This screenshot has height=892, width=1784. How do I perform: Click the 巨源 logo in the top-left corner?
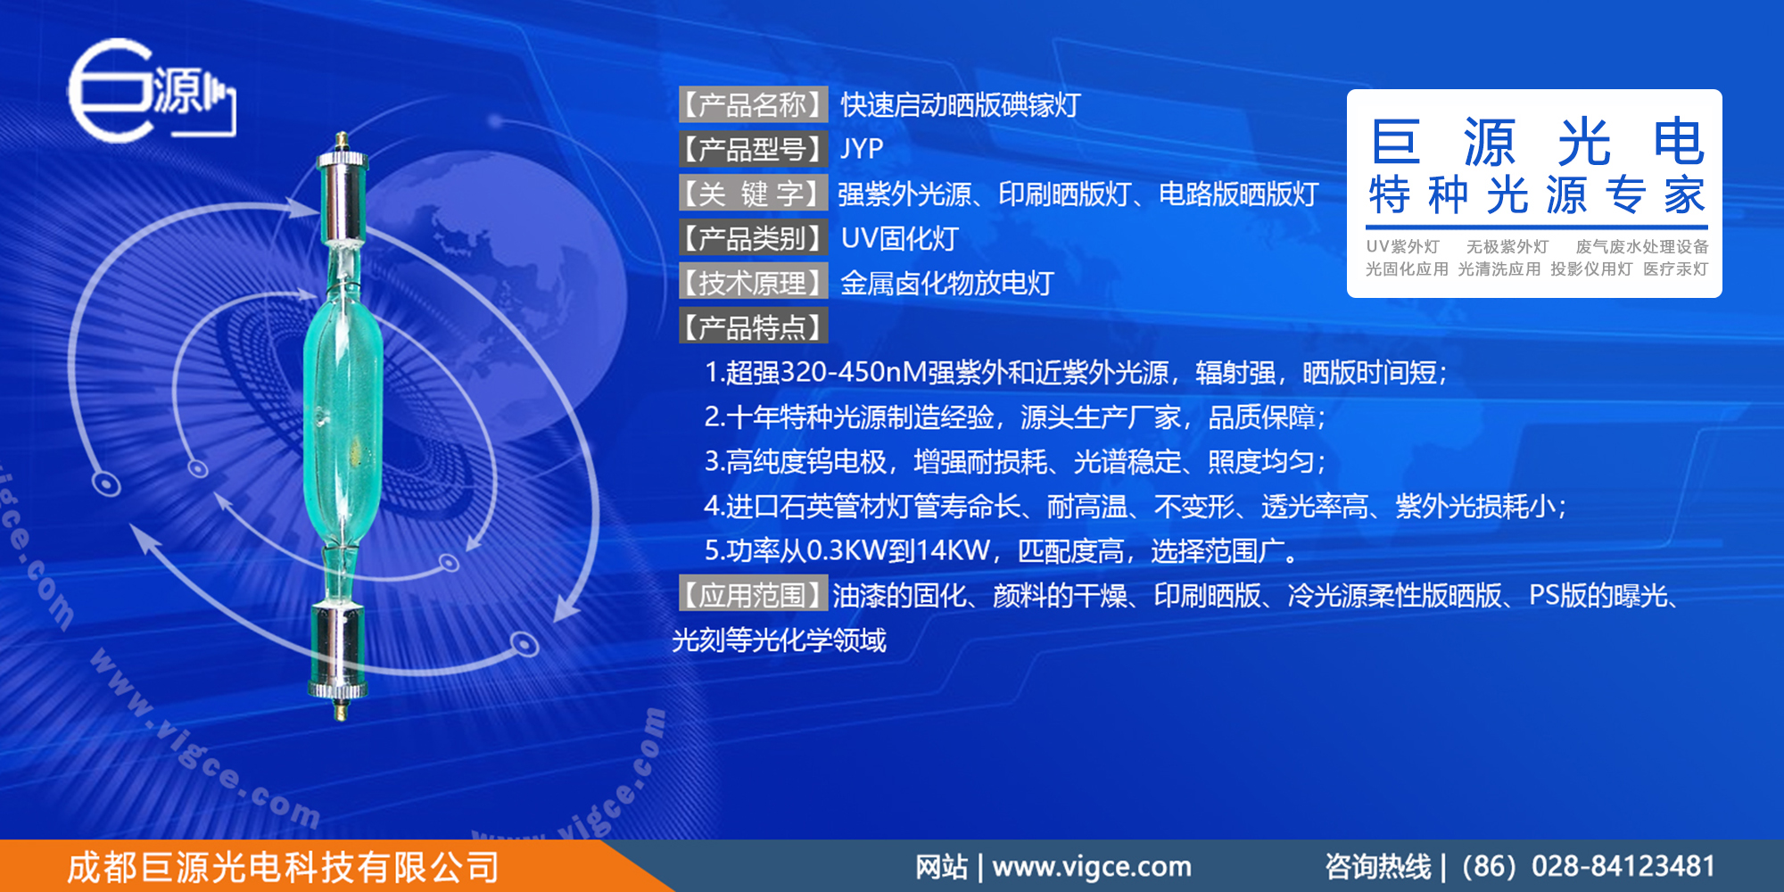pos(150,90)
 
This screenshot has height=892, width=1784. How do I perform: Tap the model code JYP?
pos(862,149)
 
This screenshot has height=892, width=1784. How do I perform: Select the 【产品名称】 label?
pos(753,105)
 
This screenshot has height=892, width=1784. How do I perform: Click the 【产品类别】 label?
pos(753,238)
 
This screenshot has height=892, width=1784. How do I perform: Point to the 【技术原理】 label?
pos(753,283)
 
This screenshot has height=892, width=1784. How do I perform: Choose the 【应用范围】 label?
pos(753,595)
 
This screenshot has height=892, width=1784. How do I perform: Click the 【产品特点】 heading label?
pos(753,327)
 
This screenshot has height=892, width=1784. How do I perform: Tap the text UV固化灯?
pos(899,238)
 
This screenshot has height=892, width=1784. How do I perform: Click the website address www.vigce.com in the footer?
pos(1091,866)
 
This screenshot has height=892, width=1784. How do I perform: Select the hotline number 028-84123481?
pos(1623,866)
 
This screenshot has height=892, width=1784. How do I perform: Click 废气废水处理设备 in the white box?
pos(1641,247)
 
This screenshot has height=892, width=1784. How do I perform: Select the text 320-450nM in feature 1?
pos(853,372)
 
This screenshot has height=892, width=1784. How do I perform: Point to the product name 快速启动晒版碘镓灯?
pos(960,105)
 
